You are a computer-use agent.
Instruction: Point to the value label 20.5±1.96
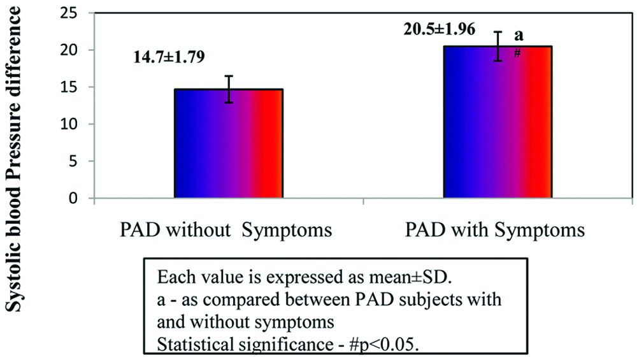[439, 29]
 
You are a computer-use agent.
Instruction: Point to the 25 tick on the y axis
[71, 13]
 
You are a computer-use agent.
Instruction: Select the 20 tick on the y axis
[71, 50]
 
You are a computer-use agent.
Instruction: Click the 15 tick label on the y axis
[71, 87]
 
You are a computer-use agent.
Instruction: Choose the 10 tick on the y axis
[71, 124]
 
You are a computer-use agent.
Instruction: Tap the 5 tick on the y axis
[75, 161]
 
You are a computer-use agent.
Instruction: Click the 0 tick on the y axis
[75, 198]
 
